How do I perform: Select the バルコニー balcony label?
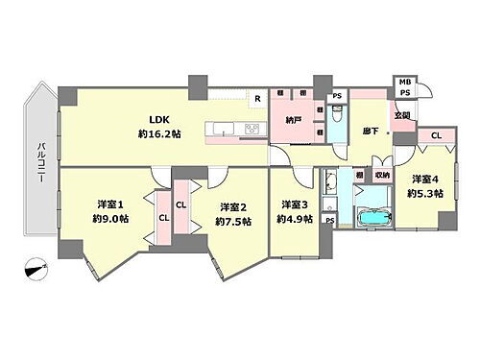[x=42, y=163]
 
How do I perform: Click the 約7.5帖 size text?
[x=233, y=222]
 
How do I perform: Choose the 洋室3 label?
[x=294, y=204]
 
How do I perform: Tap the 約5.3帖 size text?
[x=424, y=193]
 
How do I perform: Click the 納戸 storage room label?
[x=294, y=120]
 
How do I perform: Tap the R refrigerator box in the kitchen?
[x=256, y=98]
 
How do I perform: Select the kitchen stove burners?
[x=252, y=128]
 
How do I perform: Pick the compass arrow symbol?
[x=36, y=270]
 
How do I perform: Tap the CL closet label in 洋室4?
[x=437, y=136]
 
